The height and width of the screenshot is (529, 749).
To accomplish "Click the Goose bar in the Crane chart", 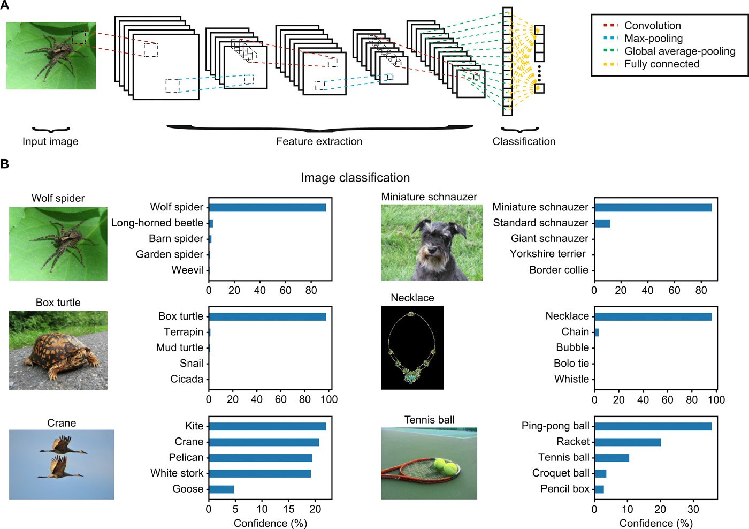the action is click(221, 489).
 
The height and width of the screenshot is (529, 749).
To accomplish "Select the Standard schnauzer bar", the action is click(602, 223).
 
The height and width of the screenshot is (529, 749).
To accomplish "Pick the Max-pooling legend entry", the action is click(643, 39).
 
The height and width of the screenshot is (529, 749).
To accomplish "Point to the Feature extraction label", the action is click(319, 141).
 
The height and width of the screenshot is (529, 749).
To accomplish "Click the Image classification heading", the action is click(355, 177).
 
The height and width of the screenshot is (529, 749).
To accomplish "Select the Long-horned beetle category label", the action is click(157, 223).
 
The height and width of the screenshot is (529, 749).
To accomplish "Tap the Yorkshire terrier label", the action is click(548, 254).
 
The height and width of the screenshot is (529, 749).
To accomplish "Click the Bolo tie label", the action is click(571, 364).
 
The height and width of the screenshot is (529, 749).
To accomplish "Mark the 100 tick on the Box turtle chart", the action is click(329, 399).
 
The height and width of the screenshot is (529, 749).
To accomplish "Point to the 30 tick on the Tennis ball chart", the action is click(693, 509).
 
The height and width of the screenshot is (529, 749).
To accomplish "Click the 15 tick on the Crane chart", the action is click(289, 509).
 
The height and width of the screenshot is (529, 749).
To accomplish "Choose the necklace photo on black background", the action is click(412, 347).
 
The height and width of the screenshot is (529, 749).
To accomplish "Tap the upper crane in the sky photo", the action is click(64, 445).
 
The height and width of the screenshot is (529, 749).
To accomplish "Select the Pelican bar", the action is click(261, 458).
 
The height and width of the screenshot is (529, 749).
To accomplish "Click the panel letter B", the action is click(4, 164).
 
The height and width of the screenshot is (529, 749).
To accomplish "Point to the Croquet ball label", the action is click(561, 473).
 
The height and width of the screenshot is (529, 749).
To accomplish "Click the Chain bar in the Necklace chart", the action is click(597, 332).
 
